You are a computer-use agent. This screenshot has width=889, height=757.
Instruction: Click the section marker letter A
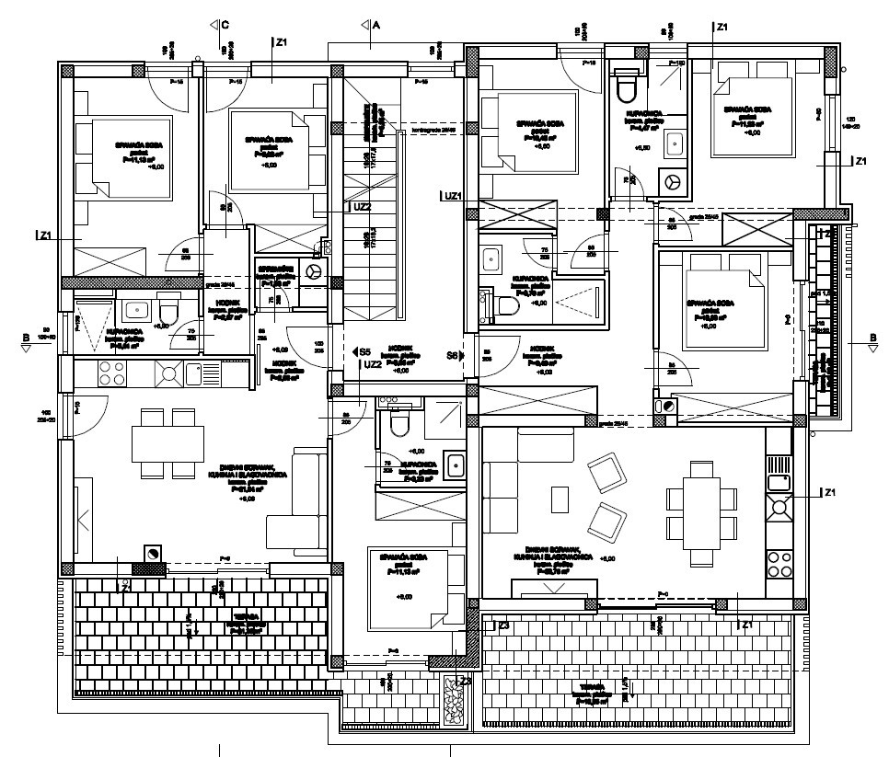tap(376, 25)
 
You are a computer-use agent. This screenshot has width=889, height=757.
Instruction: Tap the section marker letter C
tap(224, 25)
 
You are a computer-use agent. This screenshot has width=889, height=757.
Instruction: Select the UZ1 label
tap(453, 196)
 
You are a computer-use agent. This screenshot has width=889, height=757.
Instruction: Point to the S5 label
tap(364, 352)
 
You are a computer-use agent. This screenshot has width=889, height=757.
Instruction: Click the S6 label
tap(453, 354)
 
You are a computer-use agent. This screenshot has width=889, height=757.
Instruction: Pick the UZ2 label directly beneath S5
tap(372, 365)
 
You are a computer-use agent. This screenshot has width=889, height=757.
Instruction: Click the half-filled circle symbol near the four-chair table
tap(153, 552)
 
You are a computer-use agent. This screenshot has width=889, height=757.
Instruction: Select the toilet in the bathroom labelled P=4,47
tap(626, 88)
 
